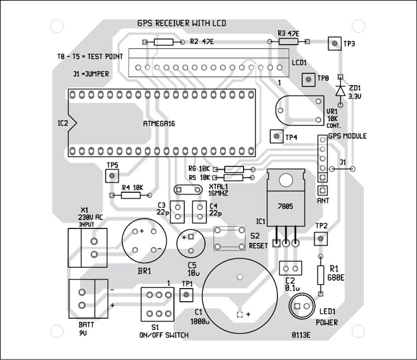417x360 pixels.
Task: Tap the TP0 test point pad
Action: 308,79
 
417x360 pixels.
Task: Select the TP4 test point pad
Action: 276,136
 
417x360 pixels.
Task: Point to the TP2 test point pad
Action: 321,239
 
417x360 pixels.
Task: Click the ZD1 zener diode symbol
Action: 340,90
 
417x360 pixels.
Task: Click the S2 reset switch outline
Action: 230,237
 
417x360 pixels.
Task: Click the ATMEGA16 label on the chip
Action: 163,123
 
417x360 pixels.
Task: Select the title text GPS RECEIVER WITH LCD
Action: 181,23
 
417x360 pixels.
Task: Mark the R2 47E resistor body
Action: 164,42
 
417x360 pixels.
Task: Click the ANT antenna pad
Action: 322,190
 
